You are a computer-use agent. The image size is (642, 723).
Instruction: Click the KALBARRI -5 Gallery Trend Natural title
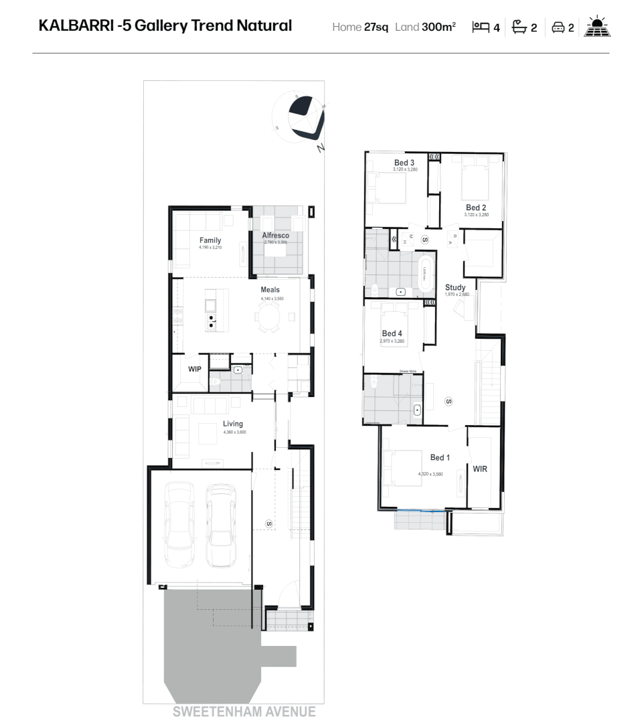(165, 26)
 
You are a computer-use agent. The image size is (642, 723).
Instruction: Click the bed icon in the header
(481, 27)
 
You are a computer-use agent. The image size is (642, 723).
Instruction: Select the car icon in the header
(558, 27)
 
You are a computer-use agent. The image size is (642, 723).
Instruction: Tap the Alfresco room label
(275, 236)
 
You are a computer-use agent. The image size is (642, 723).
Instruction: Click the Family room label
(210, 240)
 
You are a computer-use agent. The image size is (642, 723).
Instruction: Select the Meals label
(270, 290)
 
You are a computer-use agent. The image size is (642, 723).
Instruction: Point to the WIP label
(195, 369)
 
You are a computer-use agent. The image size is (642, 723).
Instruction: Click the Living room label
(233, 424)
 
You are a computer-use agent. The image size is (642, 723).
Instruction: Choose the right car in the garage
(221, 526)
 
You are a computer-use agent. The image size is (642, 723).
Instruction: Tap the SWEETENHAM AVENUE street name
(244, 712)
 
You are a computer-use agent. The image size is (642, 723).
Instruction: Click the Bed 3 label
(404, 163)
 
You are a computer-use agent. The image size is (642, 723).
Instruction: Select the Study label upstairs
(455, 287)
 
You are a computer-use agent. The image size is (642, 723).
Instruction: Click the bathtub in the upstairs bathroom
(424, 274)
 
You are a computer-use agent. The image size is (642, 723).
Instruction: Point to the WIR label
(480, 469)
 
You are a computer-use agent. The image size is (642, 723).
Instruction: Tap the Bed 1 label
(440, 458)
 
